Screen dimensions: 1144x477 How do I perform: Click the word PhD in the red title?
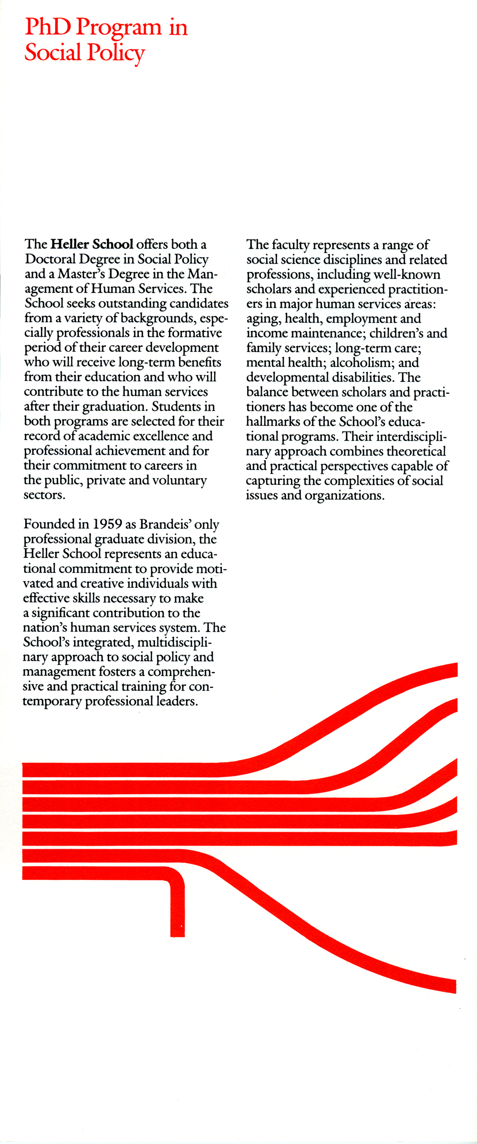click(x=48, y=27)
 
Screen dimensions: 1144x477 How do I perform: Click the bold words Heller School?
click(x=92, y=244)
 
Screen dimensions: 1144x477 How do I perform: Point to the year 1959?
click(x=107, y=524)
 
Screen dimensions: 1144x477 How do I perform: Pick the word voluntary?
click(x=179, y=480)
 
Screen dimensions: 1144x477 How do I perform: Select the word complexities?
click(x=355, y=481)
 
